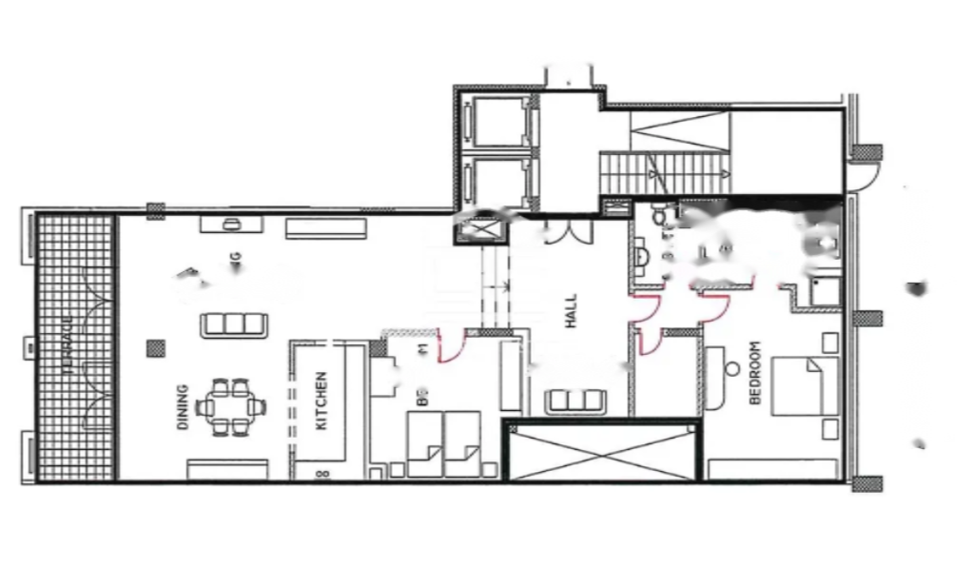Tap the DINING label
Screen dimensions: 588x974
[183, 407]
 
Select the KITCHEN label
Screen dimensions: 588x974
[321, 401]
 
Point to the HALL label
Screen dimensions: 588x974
[572, 310]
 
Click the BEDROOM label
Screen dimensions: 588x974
[756, 373]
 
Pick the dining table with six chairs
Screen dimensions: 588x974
[231, 408]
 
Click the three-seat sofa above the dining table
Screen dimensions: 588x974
[232, 324]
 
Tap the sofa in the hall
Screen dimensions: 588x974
[575, 402]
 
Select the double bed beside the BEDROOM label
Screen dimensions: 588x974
[805, 385]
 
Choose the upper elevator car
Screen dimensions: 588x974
[495, 121]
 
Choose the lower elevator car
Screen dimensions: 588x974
[495, 182]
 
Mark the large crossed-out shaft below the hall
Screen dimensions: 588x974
[601, 453]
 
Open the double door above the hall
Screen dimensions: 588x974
[557, 231]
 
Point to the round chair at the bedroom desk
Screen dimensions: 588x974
[733, 368]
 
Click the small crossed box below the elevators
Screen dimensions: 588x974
[482, 230]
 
